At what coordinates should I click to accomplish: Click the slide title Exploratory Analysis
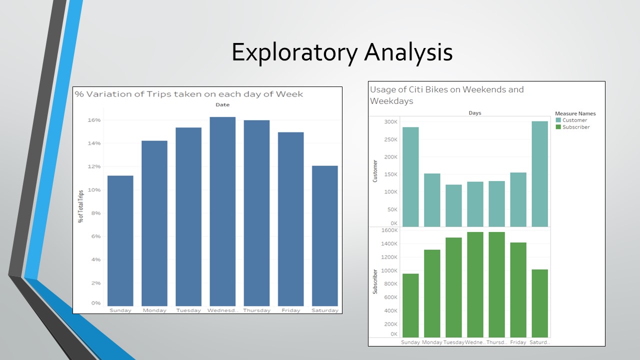click(x=342, y=52)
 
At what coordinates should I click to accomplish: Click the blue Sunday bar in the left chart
click(x=120, y=240)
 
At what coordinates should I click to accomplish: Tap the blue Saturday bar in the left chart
click(x=324, y=235)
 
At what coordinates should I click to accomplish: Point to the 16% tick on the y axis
click(x=94, y=120)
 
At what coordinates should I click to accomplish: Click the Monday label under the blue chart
click(x=154, y=310)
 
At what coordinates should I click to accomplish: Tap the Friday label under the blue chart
click(x=290, y=310)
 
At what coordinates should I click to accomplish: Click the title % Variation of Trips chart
click(x=188, y=94)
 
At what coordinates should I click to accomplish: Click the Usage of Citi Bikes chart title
click(x=446, y=95)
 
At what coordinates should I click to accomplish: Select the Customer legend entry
click(x=574, y=120)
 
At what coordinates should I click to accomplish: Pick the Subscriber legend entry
click(x=575, y=127)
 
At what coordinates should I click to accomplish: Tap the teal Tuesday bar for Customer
click(x=453, y=205)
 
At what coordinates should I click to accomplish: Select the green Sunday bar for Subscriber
click(x=410, y=305)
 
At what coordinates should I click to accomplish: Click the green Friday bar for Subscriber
click(x=518, y=289)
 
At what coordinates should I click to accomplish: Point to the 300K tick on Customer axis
click(x=390, y=122)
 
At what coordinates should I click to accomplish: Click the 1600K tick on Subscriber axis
click(x=389, y=230)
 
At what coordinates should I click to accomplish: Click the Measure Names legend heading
click(x=575, y=113)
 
